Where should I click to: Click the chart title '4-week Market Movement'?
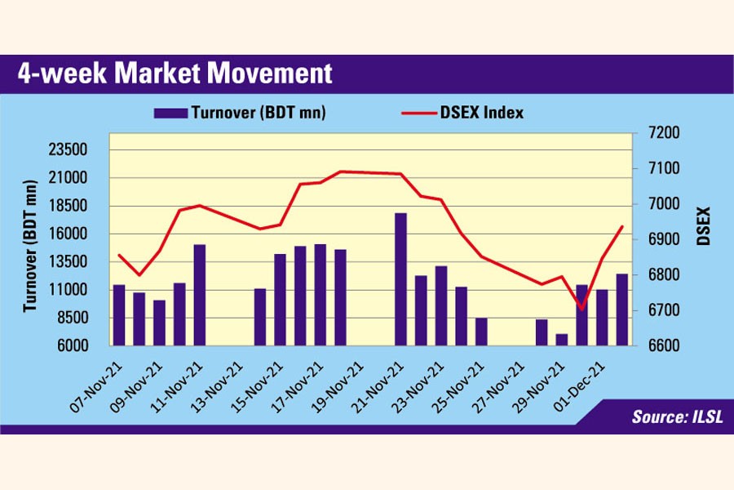click(175, 73)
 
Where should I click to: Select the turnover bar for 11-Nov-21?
click(200, 295)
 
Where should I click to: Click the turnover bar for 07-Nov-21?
click(119, 315)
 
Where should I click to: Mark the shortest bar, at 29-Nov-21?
click(561, 339)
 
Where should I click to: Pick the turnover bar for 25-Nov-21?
click(481, 332)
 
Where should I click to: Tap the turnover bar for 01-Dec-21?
click(602, 318)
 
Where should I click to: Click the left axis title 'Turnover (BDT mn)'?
click(31, 245)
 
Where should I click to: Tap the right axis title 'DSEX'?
click(702, 226)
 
